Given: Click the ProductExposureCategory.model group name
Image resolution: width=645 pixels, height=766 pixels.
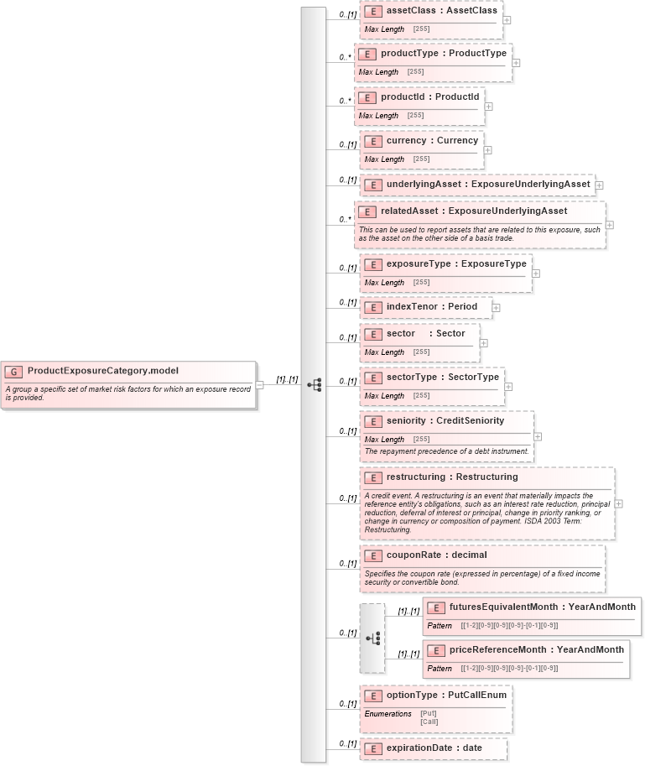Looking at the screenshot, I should pos(102,371).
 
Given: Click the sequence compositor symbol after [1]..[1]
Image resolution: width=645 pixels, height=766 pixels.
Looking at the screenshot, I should pos(314,385).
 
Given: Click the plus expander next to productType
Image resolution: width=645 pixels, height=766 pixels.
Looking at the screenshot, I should pos(516,62).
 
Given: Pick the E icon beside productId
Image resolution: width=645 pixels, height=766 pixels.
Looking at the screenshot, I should pos(367,98).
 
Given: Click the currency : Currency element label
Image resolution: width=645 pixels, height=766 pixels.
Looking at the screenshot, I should pos(432,141).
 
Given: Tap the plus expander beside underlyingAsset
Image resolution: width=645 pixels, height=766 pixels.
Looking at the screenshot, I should pos(599,185).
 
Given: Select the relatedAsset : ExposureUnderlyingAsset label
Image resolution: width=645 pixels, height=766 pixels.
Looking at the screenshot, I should pos(474,211).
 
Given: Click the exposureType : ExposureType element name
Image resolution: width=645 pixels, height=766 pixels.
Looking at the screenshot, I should pos(456,264).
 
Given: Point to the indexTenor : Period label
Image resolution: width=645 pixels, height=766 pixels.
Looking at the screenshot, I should pos(431,307).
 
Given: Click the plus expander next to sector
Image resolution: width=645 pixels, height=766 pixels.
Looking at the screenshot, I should pos(483,342).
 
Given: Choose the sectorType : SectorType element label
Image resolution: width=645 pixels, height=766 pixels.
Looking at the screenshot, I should pos(442,378).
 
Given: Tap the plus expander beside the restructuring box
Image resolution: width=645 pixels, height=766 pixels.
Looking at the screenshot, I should pos(618,503).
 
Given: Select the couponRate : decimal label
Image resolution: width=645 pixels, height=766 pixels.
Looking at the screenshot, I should pos(436,555).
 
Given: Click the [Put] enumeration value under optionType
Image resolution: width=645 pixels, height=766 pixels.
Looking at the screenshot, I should pos(428,714).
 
